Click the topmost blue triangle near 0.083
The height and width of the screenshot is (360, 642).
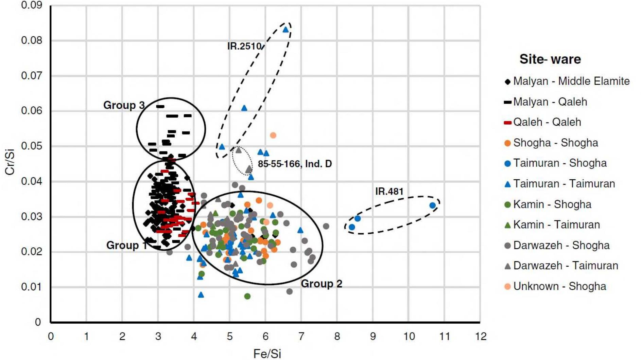pos(286,30)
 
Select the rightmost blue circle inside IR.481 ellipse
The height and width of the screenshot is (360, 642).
pos(432,205)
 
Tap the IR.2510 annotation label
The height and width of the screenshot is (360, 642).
pos(244,46)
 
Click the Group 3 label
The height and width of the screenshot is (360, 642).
pos(124,105)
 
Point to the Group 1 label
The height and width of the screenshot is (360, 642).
pos(126,245)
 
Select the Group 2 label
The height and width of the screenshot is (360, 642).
pos(321,284)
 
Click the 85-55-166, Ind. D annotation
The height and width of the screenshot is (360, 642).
pos(294,164)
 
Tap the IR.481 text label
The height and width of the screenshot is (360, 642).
pos(389,192)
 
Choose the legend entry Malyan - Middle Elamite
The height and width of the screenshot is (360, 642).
pos(571,81)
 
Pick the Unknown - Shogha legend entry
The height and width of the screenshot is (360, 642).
pos(559,286)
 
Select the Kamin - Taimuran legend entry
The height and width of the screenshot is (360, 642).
pos(556,225)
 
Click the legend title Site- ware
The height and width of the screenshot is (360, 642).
pos(550,59)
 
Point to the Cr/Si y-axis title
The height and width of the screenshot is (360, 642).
pos(10,162)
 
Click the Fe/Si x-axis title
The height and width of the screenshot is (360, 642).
pos(267,354)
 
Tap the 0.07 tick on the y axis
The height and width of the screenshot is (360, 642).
pos(31,75)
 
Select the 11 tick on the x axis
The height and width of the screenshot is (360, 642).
pos(445,337)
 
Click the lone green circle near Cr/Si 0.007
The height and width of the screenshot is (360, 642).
pos(247,296)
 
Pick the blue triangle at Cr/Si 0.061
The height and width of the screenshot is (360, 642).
pos(244,108)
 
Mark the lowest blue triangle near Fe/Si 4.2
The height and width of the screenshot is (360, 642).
pos(201,295)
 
